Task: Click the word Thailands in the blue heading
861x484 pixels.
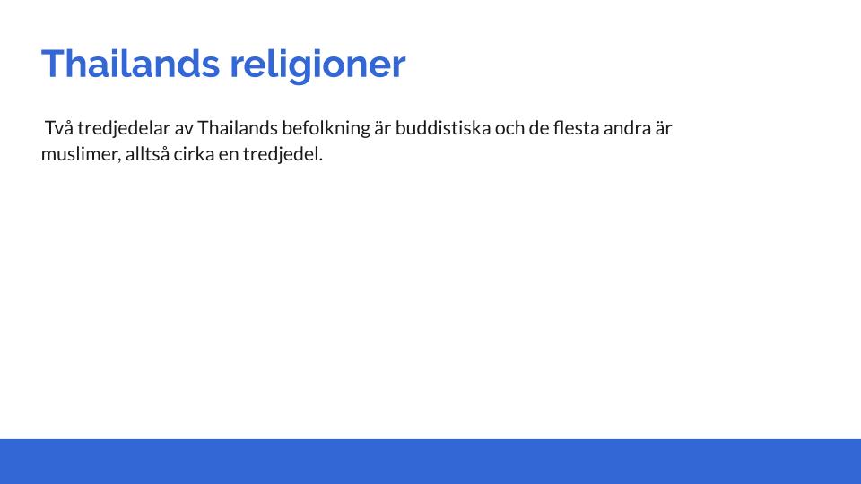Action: click(131, 65)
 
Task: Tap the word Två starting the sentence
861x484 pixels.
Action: click(59, 128)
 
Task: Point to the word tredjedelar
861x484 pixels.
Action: click(124, 129)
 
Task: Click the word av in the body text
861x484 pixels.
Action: click(184, 129)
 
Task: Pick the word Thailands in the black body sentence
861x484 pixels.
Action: click(238, 128)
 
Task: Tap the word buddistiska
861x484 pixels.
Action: click(443, 128)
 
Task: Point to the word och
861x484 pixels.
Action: click(509, 128)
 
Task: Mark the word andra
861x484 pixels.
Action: click(627, 128)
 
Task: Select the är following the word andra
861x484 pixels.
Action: click(664, 128)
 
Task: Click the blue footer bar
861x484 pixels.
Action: click(430, 462)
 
